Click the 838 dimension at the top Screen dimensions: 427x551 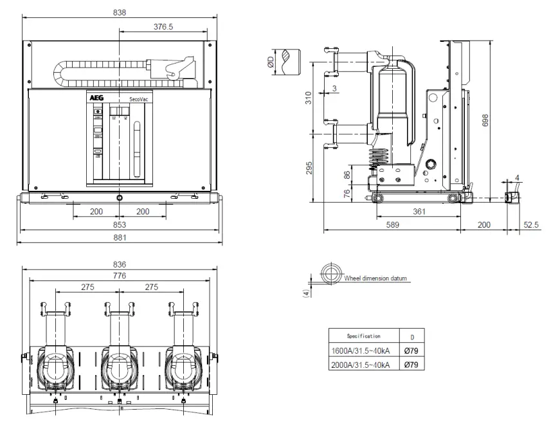pos(119,12)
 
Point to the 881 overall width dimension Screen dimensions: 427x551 pos(119,237)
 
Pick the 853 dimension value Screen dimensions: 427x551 pos(119,224)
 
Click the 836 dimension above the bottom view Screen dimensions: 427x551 pos(119,264)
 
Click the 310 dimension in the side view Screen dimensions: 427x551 pos(308,98)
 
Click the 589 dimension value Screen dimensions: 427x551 pos(392,224)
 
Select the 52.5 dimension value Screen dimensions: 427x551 pos(531,224)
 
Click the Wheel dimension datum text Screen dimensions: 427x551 pos(376,278)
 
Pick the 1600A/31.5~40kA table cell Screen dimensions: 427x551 pos(359,350)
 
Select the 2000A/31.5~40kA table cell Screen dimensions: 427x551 pos(359,365)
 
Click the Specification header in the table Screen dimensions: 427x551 pos(363,336)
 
